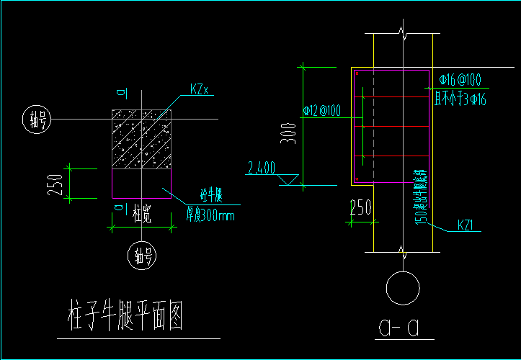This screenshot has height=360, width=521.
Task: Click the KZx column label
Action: coord(199,89)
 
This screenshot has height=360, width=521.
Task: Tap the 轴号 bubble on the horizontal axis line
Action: coord(36,120)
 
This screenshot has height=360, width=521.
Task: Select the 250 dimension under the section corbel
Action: coord(360,207)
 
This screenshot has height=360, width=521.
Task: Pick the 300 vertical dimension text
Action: coord(289,132)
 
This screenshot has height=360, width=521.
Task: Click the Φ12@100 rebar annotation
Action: coord(323,111)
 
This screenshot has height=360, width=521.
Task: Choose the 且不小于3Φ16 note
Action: coord(460,99)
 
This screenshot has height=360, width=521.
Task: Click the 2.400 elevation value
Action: coord(261,168)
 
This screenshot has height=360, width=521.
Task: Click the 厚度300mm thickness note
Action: coord(210,214)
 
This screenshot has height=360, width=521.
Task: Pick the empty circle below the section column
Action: coord(402,288)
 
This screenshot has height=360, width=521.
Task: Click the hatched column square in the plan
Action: coord(141,140)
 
